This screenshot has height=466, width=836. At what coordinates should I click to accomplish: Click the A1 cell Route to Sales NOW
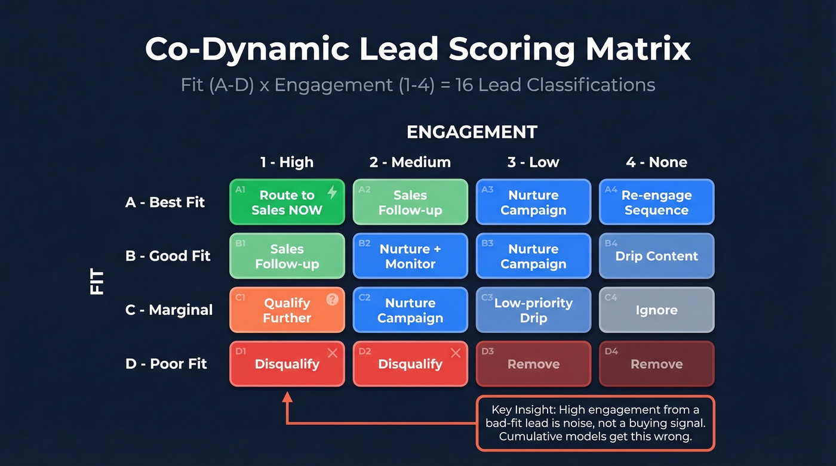tap(287, 202)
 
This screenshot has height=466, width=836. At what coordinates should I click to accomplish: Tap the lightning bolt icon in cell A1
tap(333, 192)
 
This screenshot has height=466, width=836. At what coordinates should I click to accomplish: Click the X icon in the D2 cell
tap(456, 353)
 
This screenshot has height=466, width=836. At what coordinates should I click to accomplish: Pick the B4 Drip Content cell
tap(656, 256)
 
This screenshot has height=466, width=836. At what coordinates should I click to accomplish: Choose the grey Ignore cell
tap(656, 310)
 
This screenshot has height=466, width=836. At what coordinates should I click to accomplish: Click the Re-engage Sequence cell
tap(656, 202)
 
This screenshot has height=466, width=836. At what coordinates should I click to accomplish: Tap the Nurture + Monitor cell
tap(410, 256)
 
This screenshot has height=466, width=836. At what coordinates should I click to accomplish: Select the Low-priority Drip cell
tap(533, 310)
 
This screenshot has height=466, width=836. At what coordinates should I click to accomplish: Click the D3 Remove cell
tap(533, 364)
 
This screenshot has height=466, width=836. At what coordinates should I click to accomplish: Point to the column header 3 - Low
tap(533, 162)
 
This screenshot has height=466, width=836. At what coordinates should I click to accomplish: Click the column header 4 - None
tap(656, 162)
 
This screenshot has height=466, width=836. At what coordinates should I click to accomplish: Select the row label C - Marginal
tap(169, 310)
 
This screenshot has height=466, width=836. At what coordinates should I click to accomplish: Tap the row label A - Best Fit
tap(165, 202)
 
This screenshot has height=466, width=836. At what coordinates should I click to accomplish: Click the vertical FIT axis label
tap(97, 282)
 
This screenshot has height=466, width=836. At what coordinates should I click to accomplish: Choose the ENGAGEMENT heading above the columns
tap(472, 132)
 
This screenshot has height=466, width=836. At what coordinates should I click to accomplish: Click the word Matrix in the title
tap(638, 50)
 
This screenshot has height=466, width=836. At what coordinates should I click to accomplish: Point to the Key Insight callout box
tap(595, 423)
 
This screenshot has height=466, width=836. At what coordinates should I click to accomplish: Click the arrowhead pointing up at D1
tap(287, 397)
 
